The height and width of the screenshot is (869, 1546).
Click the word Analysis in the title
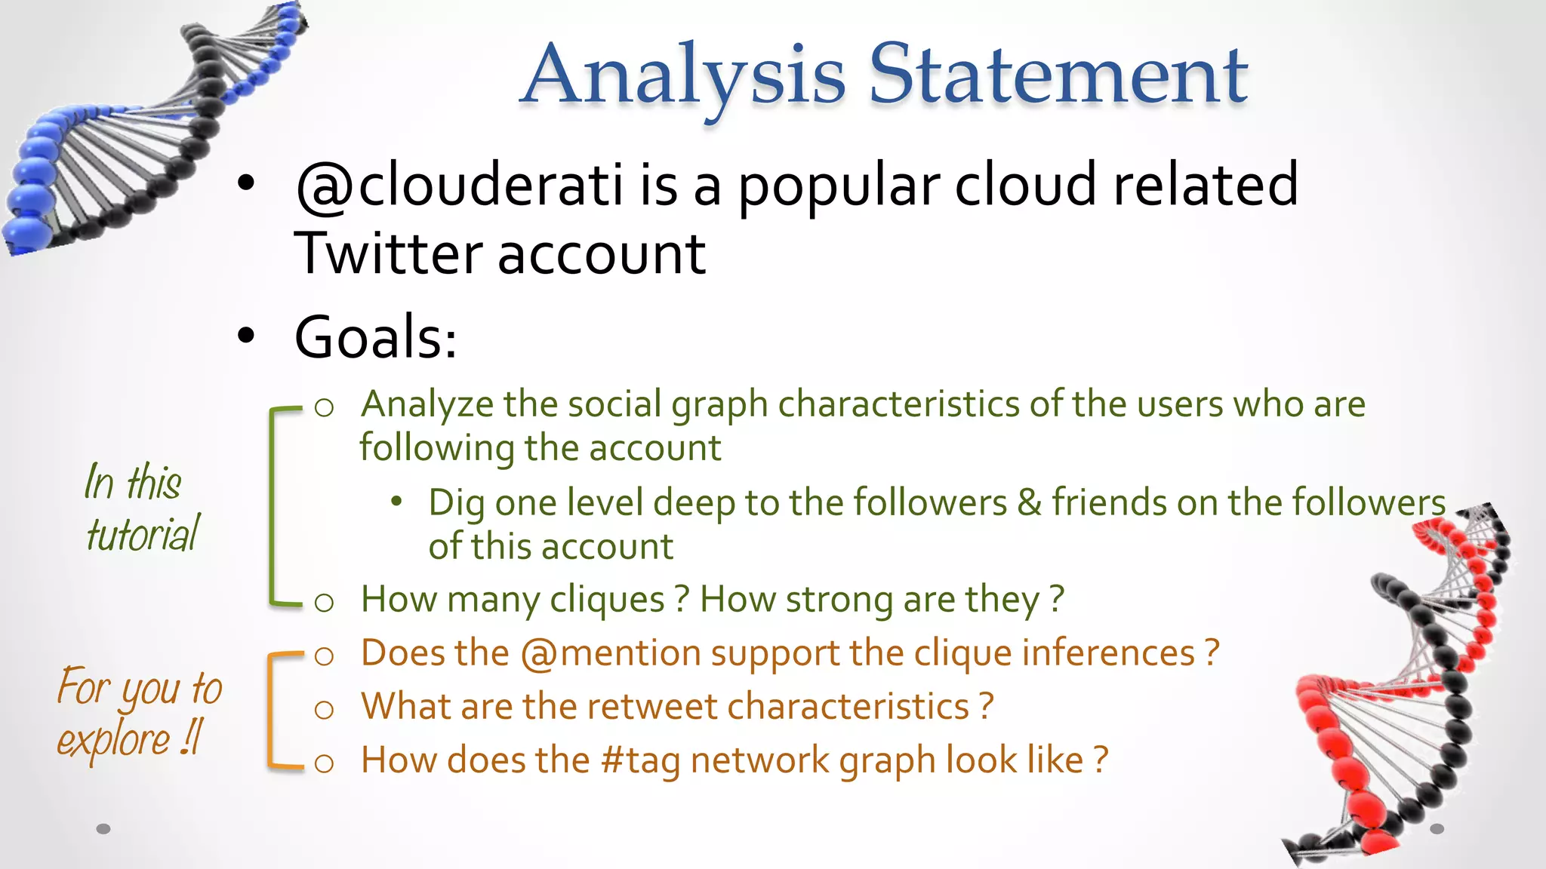click(683, 75)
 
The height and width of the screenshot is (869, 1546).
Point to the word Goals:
click(375, 337)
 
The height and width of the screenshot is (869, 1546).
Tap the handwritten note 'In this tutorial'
click(140, 508)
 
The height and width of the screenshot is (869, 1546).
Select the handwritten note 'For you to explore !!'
click(139, 712)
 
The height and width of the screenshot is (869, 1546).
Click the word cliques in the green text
click(607, 600)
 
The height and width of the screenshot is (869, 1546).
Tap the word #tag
click(641, 760)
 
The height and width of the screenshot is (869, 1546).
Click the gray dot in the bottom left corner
click(104, 829)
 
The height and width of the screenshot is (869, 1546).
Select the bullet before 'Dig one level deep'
click(397, 502)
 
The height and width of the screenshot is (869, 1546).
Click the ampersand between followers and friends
click(1030, 502)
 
